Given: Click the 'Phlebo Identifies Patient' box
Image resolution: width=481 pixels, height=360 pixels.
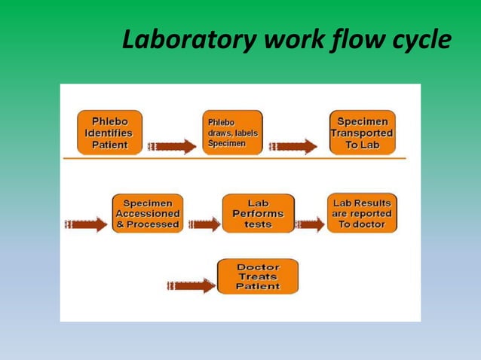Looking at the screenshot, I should click(109, 133).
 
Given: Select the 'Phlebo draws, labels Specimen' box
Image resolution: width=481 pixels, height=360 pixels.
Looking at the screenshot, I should click(232, 133).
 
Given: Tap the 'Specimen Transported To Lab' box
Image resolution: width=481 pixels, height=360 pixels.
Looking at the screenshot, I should click(362, 133).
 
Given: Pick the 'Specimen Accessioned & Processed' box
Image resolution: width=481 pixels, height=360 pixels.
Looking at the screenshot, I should click(147, 213).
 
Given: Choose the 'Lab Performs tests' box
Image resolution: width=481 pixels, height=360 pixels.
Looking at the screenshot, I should click(258, 213).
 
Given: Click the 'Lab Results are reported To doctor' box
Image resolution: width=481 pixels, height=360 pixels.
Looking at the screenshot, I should click(362, 213).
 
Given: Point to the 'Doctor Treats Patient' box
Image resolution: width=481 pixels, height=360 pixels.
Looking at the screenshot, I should click(258, 276).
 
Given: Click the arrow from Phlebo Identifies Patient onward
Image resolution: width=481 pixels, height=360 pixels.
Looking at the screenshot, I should click(173, 146).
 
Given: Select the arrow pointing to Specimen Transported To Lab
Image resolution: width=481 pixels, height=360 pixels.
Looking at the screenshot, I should click(294, 146).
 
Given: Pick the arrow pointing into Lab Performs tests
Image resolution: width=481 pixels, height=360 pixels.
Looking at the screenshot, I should click(204, 224).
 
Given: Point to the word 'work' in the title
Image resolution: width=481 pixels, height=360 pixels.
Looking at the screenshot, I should click(286, 41).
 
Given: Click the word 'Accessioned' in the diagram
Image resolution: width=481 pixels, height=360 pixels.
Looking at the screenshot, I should click(147, 214).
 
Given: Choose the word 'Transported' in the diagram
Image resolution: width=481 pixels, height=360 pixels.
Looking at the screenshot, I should click(362, 133).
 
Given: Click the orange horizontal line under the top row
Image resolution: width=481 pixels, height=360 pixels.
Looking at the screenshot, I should click(234, 159).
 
